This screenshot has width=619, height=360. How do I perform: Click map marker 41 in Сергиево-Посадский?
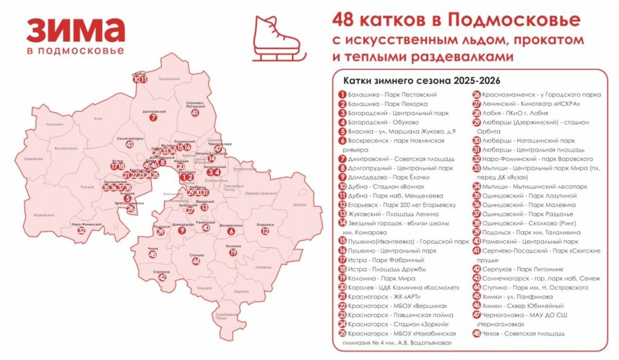click(195, 112)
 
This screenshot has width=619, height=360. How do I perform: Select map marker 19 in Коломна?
click(233, 252)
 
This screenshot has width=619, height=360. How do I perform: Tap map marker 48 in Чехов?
click(152, 255)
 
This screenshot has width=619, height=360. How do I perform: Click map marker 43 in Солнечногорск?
click(129, 144)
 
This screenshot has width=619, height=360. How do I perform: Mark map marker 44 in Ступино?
click(195, 262)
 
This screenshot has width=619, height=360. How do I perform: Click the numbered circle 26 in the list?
click(476, 95)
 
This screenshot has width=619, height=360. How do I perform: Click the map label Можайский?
click(44, 215)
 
